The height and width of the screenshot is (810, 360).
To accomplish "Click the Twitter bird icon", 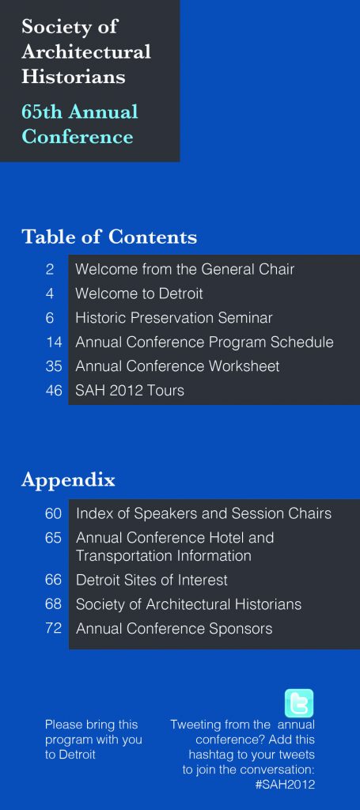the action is [x=299, y=703].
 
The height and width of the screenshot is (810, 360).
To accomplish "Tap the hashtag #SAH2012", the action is [x=285, y=784].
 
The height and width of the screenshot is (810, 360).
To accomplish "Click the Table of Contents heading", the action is [x=109, y=237].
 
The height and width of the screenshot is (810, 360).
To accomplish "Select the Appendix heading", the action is [x=68, y=480].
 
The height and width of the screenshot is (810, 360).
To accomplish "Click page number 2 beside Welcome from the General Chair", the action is [x=50, y=269].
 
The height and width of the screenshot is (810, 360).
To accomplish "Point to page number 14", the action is [x=54, y=342].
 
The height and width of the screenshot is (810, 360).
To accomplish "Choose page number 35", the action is [x=54, y=366].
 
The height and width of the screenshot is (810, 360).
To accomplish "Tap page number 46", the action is [x=54, y=390].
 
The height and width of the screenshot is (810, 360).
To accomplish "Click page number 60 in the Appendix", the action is [x=53, y=513].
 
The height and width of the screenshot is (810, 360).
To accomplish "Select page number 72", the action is [x=53, y=628].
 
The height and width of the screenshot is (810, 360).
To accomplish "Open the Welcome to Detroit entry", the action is [x=139, y=293].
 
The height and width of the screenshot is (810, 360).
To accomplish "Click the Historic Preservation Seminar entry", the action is [x=173, y=318].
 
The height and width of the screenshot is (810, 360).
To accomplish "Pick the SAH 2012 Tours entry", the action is [x=130, y=390].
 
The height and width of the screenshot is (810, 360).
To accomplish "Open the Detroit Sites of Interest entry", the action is [x=151, y=580].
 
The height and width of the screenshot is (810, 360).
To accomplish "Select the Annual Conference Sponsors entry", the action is [x=174, y=629].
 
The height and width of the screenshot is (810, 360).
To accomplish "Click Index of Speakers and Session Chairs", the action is [x=203, y=513].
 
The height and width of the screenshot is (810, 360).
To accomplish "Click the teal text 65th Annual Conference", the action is [x=80, y=124].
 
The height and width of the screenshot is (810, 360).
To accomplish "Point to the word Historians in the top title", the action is [x=74, y=77].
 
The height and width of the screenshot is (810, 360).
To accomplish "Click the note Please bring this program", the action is [x=93, y=740].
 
